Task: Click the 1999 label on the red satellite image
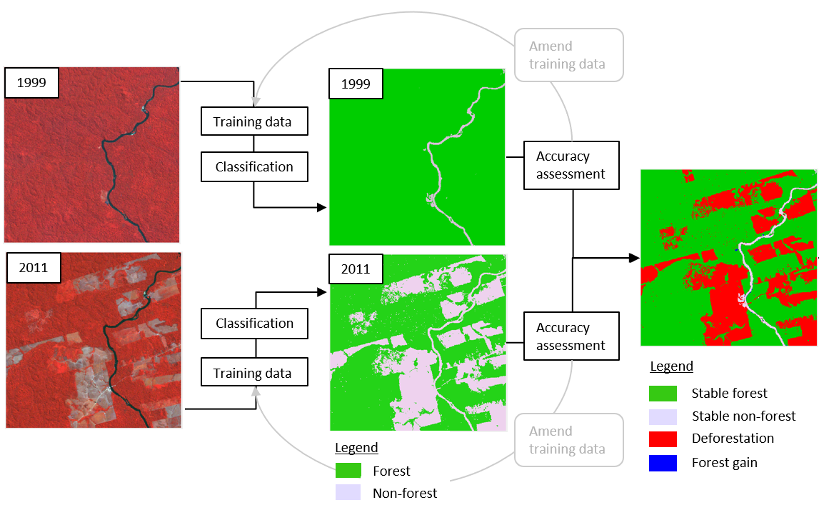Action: (x=31, y=83)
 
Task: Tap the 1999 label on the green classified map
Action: (x=356, y=84)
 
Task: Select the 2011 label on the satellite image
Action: (x=34, y=268)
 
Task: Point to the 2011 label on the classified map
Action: (x=356, y=269)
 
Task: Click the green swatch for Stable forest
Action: (x=663, y=393)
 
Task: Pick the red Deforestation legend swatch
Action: (x=663, y=439)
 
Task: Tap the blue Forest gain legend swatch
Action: (x=663, y=463)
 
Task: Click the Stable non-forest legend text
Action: (x=743, y=416)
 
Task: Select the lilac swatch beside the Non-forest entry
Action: (x=349, y=493)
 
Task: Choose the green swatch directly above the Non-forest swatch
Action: (x=349, y=471)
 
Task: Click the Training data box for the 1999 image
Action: (x=254, y=121)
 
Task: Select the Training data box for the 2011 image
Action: (x=254, y=373)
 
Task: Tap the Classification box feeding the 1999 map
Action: (x=254, y=167)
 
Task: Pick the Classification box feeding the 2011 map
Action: (x=254, y=324)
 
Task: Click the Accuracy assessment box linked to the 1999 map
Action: (x=571, y=165)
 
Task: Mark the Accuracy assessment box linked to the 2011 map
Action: (x=571, y=336)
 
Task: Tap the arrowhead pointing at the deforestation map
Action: (x=633, y=258)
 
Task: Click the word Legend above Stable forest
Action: (x=671, y=366)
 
